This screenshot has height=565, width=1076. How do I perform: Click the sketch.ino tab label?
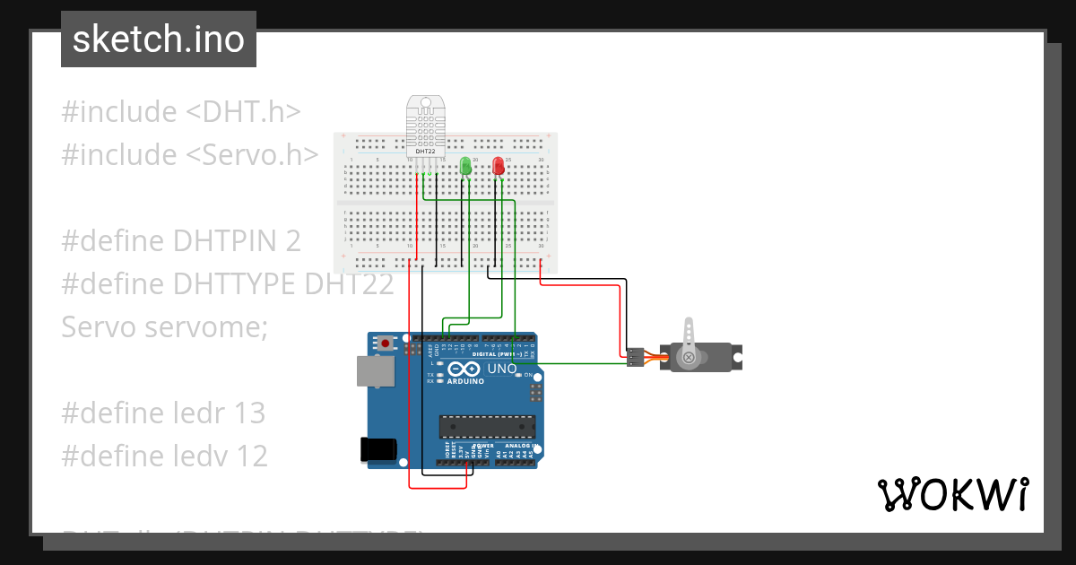click(x=159, y=39)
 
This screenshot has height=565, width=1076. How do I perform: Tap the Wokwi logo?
click(x=952, y=494)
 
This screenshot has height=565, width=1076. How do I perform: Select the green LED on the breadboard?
click(x=465, y=167)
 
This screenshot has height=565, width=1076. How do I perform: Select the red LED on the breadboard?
click(x=499, y=167)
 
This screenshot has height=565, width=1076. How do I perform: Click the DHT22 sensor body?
click(x=424, y=126)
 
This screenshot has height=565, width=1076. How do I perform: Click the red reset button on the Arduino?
click(x=386, y=343)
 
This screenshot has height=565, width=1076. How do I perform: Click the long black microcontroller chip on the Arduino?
click(x=487, y=429)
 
